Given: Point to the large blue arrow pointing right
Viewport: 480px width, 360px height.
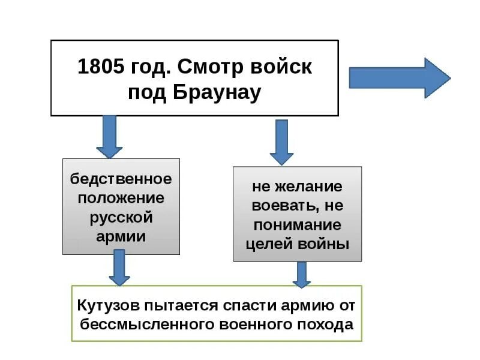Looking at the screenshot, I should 399,78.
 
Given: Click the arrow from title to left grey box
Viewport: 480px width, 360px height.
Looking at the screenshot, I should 109,137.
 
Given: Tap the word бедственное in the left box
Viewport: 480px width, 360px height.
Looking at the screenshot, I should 121,179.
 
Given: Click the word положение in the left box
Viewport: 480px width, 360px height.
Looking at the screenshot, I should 121,198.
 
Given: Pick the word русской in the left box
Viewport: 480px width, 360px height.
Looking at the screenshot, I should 121,217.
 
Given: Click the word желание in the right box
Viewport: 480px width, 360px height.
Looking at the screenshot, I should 305,187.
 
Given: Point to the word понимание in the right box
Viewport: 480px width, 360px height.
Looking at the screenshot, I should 298,225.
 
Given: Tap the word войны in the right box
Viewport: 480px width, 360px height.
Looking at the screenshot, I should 325,244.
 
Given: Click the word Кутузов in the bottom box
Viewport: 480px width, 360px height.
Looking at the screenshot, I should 107,305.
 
